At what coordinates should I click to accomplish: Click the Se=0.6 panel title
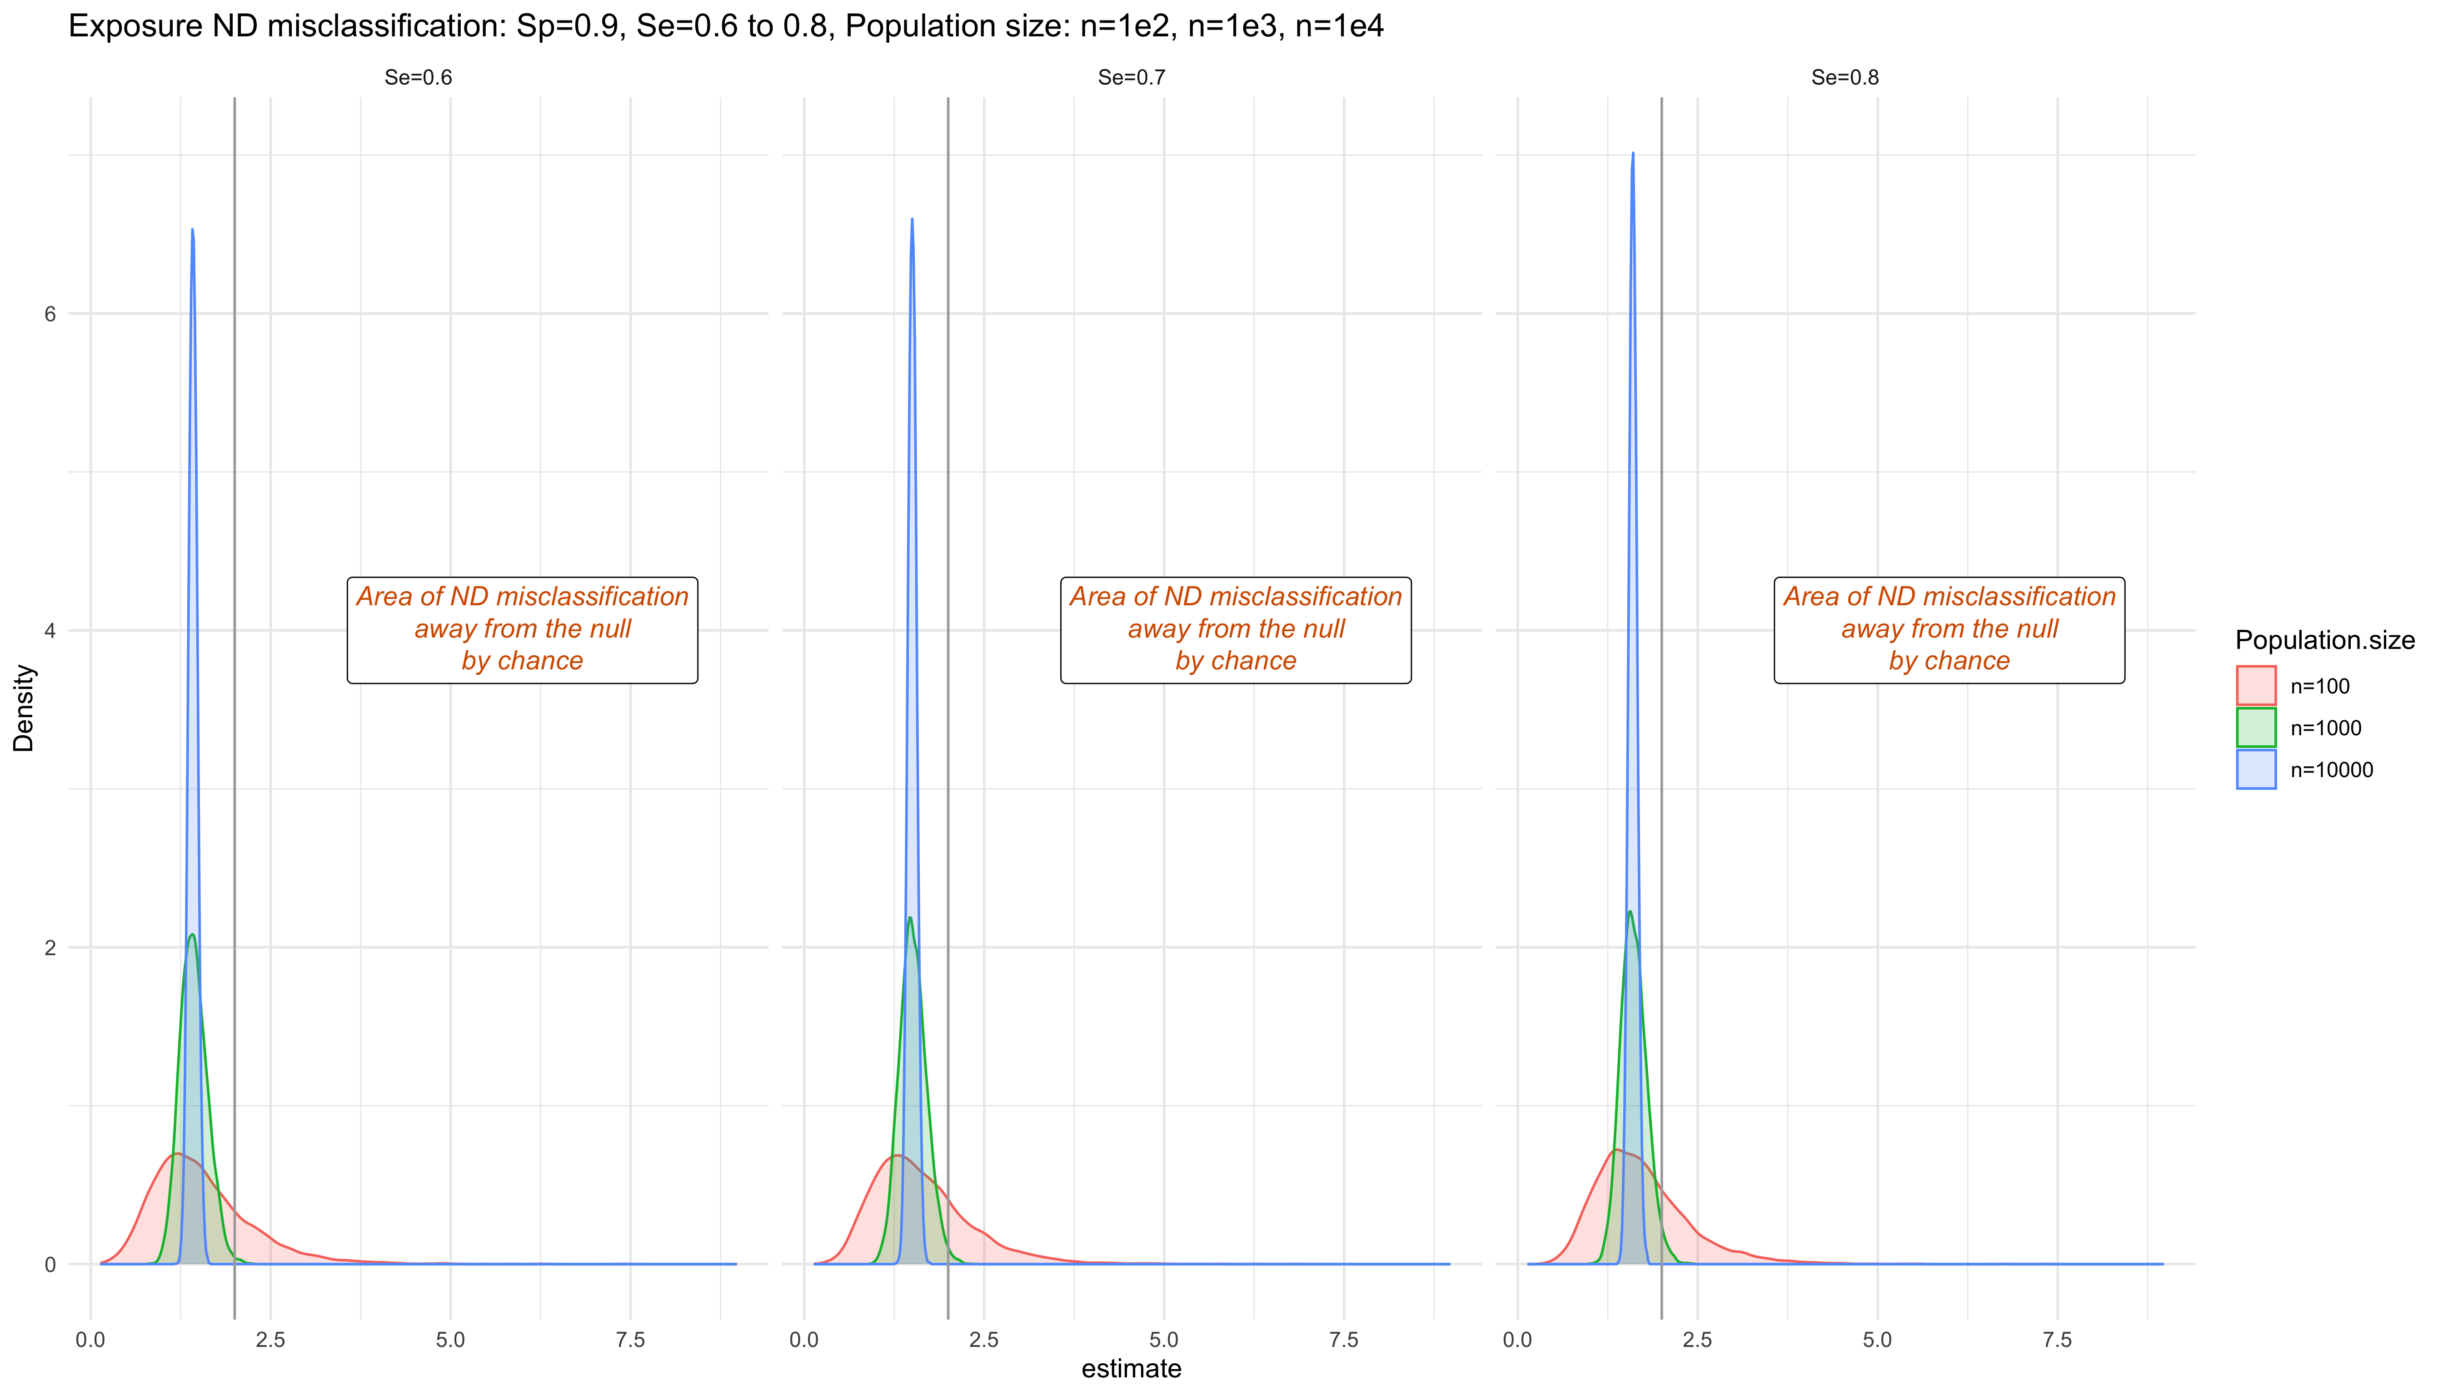(418, 78)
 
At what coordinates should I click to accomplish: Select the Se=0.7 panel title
(1132, 78)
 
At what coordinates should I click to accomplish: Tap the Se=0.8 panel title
(1845, 78)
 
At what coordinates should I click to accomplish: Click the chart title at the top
(726, 26)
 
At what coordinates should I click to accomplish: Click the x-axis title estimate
(1132, 1368)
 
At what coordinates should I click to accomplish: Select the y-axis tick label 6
(51, 314)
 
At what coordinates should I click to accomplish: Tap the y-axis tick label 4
(51, 631)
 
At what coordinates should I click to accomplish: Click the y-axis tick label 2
(51, 947)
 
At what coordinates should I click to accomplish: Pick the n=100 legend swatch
(2256, 686)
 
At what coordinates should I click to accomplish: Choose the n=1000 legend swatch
(2256, 728)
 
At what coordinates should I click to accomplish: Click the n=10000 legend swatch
(2256, 770)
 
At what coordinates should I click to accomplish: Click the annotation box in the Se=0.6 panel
(523, 630)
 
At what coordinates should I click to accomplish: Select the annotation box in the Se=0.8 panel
(1949, 630)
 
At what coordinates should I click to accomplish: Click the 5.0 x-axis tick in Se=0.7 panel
(1164, 1340)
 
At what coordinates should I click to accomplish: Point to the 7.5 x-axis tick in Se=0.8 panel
(2058, 1340)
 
